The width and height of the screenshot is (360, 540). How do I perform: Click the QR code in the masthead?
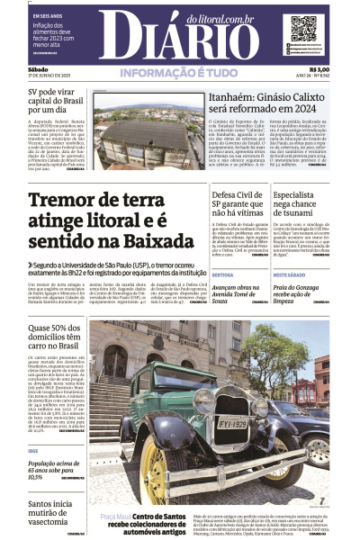point(303,29)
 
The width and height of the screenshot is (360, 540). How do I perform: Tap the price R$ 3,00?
point(319,69)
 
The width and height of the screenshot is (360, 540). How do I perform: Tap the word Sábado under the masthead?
point(38,69)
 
